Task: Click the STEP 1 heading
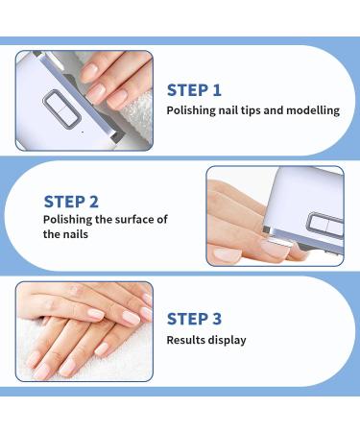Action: click(194, 90)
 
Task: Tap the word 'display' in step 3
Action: click(228, 340)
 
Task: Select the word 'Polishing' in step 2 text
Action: click(70, 220)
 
